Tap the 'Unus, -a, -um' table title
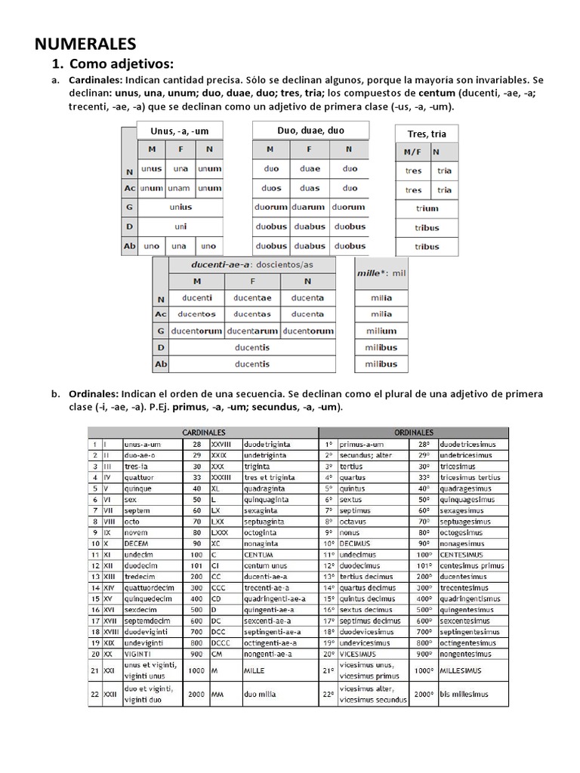click(180, 131)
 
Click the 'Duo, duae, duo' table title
click(310, 131)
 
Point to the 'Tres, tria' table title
click(427, 134)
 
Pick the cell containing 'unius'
click(180, 207)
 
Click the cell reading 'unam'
click(179, 188)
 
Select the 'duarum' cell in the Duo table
click(310, 207)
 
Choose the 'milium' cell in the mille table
click(381, 331)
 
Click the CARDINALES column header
click(202, 433)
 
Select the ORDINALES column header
click(414, 433)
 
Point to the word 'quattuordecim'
click(149, 587)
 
